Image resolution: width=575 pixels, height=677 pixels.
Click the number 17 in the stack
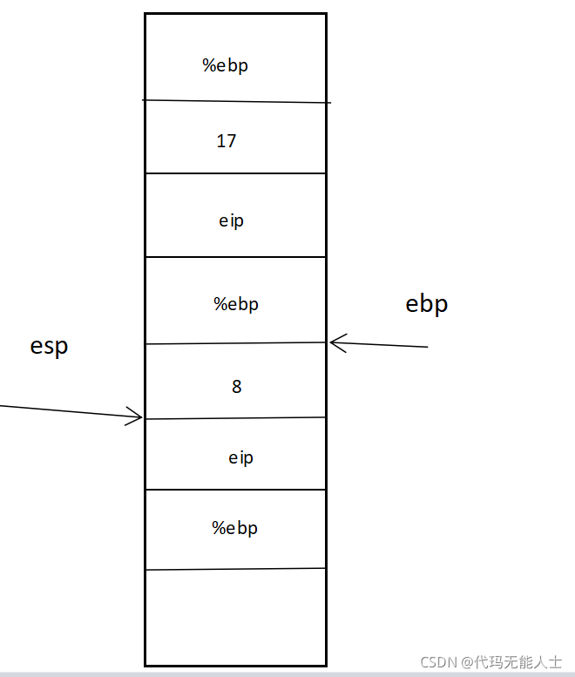click(x=227, y=141)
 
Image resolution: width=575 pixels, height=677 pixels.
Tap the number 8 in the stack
click(x=237, y=387)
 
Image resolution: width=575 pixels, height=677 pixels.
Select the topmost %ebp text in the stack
click(x=226, y=65)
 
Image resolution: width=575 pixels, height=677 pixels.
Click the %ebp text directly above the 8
click(x=236, y=304)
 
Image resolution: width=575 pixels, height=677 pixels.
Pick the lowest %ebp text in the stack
click(x=235, y=528)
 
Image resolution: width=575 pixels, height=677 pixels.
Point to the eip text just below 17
click(x=232, y=220)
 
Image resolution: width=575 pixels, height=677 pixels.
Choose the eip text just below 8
click(x=241, y=457)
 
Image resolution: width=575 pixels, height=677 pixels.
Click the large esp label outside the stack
click(x=49, y=346)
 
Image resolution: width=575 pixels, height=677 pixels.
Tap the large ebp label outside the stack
click(x=427, y=303)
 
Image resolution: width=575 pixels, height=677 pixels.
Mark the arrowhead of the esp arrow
click(x=138, y=417)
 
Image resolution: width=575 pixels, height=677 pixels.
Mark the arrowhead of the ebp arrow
click(x=334, y=342)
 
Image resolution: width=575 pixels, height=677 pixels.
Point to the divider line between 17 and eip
click(x=235, y=173)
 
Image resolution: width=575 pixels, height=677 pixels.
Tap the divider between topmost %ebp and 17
click(x=235, y=101)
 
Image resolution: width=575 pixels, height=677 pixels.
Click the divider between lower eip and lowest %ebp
click(x=235, y=490)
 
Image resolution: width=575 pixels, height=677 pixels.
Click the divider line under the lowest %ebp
click(x=235, y=569)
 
